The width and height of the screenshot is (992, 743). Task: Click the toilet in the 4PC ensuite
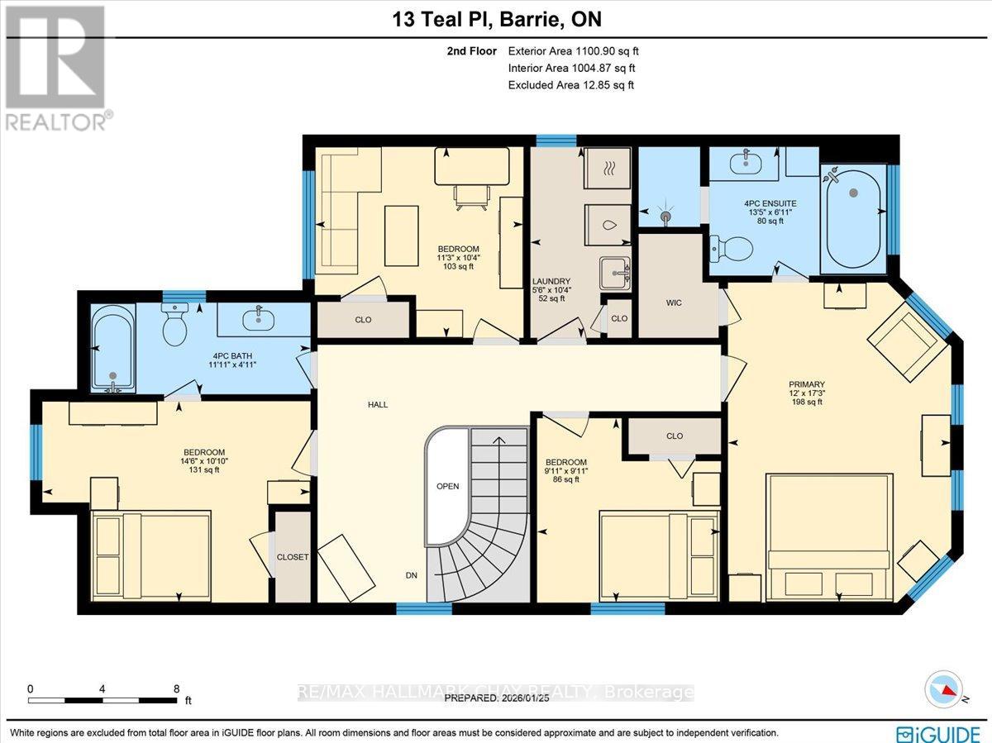click(732, 247)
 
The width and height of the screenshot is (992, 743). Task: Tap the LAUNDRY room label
click(552, 282)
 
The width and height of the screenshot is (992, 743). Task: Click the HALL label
click(377, 404)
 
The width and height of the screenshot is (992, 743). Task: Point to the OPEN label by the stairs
click(447, 486)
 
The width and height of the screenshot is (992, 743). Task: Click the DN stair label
click(411, 575)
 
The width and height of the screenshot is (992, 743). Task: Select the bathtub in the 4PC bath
click(113, 347)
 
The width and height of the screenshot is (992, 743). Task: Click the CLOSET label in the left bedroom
click(293, 557)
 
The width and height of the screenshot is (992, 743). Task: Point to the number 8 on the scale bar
click(176, 688)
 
